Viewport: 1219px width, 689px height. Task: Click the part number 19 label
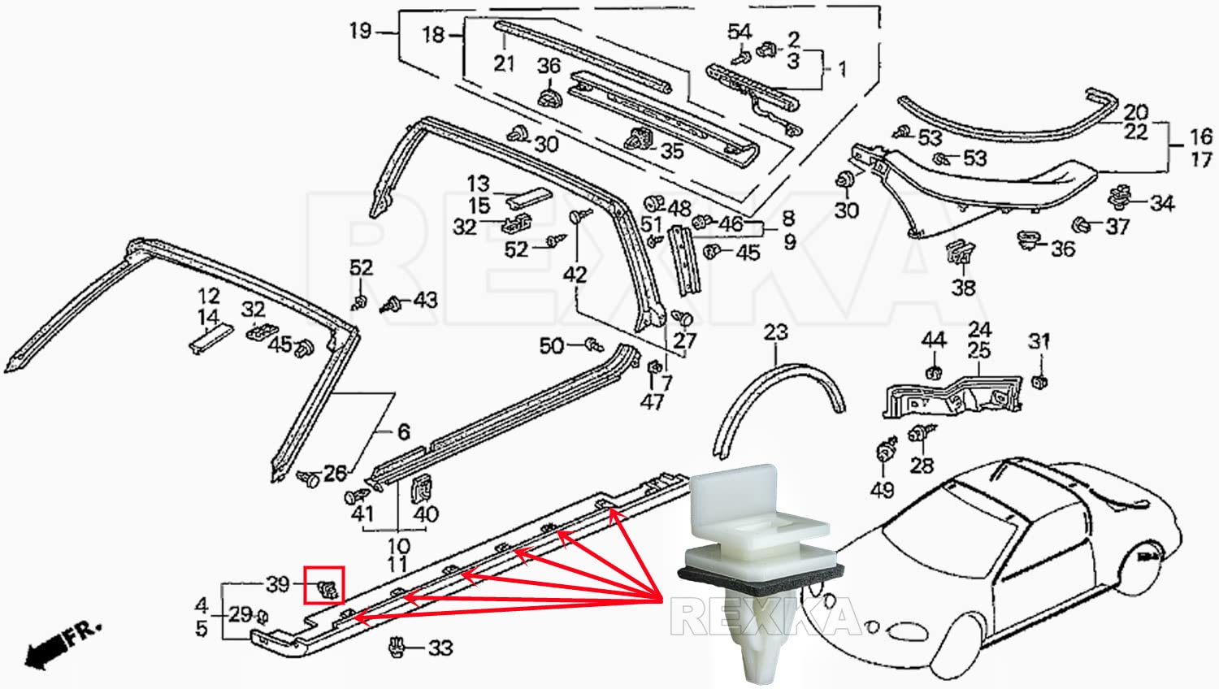[360, 31]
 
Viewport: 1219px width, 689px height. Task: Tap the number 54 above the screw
[739, 32]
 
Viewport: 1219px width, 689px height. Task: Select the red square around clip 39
[324, 585]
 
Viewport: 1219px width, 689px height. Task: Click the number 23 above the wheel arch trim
[775, 332]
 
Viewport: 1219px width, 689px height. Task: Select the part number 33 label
[440, 648]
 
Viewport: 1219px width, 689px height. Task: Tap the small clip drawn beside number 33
[397, 646]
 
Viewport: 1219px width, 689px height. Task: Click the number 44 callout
[933, 340]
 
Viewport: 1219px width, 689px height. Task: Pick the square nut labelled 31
[1039, 381]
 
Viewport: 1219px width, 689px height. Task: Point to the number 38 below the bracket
[963, 288]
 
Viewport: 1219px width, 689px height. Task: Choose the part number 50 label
[552, 346]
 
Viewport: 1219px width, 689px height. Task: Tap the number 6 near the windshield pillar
[403, 431]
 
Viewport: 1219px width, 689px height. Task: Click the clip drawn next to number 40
[423, 487]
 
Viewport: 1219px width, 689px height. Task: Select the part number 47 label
[652, 401]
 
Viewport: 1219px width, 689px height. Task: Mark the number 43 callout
[425, 301]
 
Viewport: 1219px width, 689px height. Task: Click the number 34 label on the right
[1161, 202]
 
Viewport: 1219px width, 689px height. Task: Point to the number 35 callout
[671, 151]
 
